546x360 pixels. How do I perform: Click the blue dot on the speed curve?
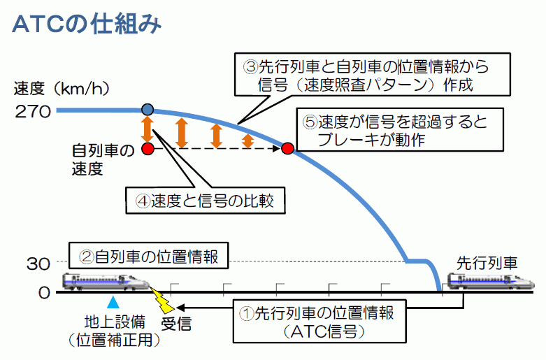[148, 109]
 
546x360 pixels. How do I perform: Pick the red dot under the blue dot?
[148, 149]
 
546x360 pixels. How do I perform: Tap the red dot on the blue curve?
[287, 148]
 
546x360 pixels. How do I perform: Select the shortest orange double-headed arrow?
[247, 140]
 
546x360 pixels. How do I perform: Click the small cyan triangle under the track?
[113, 303]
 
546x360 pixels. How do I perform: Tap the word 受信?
[176, 324]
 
